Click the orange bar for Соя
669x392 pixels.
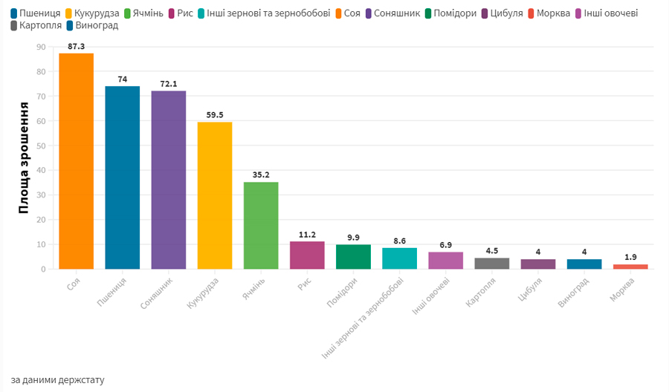(x=76, y=161)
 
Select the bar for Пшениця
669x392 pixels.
(x=122, y=177)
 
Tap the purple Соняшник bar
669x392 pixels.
(x=168, y=180)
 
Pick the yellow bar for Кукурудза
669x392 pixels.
(x=215, y=195)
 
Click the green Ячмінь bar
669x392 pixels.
(x=261, y=225)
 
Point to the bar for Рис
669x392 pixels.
(x=307, y=255)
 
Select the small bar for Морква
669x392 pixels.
(x=630, y=267)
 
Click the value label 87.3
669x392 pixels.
(x=77, y=46)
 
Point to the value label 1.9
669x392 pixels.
(x=630, y=257)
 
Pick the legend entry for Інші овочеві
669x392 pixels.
(x=610, y=13)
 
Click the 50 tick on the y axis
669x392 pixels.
(x=41, y=146)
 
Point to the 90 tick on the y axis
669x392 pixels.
(x=41, y=47)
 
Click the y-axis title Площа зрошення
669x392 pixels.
(x=24, y=158)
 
